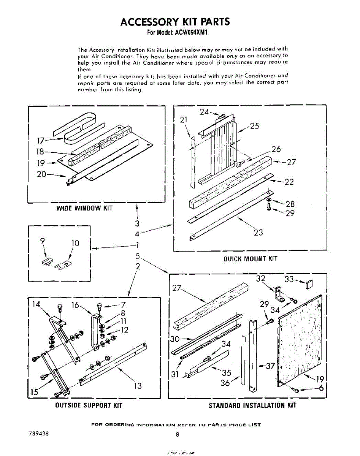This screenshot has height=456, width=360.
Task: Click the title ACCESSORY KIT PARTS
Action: click(175, 22)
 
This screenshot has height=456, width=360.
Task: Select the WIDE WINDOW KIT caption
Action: click(84, 208)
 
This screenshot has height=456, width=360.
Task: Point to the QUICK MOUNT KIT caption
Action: click(250, 259)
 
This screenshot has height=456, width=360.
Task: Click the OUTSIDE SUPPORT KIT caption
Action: click(89, 405)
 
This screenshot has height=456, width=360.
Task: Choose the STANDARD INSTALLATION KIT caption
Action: click(252, 405)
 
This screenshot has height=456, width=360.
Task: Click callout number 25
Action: click(255, 126)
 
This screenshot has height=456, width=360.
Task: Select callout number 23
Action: click(258, 232)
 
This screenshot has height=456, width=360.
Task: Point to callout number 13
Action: click(138, 386)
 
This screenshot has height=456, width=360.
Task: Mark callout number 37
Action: click(270, 366)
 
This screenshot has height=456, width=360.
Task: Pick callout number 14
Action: click(36, 304)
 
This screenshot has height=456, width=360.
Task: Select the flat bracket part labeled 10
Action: click(63, 265)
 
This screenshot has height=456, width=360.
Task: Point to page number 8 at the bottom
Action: click(177, 434)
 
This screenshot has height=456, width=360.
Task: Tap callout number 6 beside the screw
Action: click(322, 388)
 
